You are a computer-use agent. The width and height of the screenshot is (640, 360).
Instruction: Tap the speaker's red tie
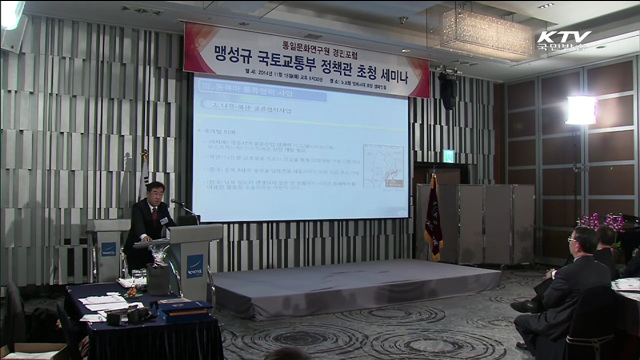point(153,216)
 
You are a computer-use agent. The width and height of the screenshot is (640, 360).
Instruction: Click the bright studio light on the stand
point(580,110)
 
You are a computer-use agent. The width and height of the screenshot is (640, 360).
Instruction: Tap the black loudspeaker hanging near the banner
point(447,92)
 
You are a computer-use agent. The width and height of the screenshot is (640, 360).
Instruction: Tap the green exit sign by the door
point(449,156)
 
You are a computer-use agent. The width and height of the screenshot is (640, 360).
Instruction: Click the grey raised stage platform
point(350,285)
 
